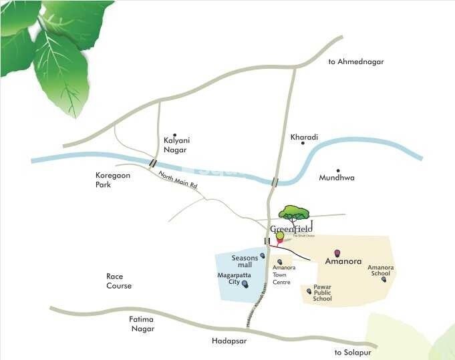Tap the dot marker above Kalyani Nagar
[175, 134]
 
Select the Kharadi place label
[304, 137]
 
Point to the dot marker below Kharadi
[303, 143]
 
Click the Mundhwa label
[337, 178]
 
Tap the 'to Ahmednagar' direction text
[356, 62]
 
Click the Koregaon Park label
[107, 180]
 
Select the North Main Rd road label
[178, 180]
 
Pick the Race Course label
[119, 281]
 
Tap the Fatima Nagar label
[141, 324]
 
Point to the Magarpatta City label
[229, 278]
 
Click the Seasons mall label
[245, 261]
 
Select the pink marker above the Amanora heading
[337, 253]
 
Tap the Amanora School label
[381, 271]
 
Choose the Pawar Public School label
[323, 293]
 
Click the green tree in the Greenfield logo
[295, 212]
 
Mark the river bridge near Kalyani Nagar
[153, 163]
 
